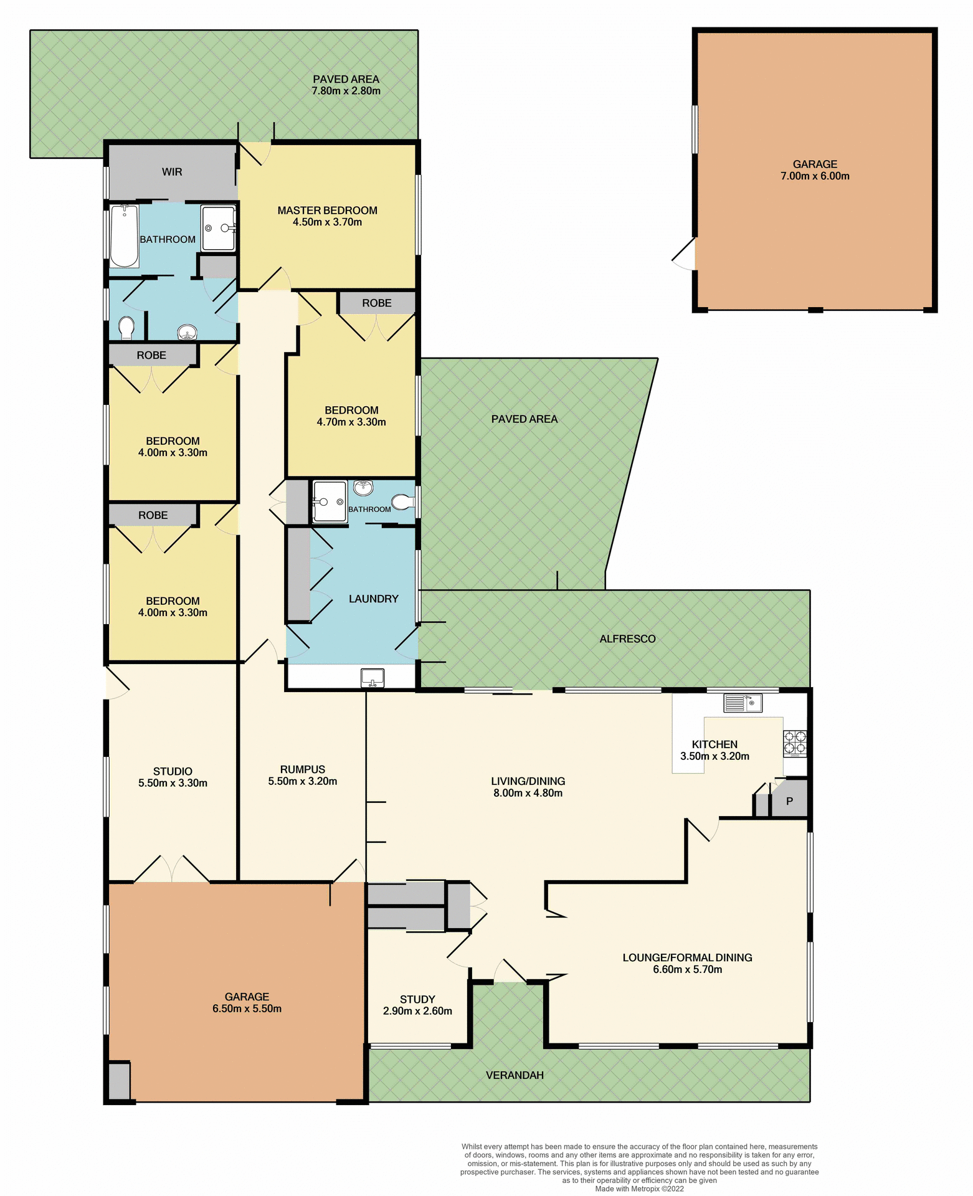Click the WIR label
pos(172,172)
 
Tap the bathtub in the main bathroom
pos(125,237)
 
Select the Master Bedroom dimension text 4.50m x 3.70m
pos(327,222)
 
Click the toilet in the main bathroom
pos(126,328)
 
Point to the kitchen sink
pos(743,703)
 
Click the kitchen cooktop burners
pos(795,743)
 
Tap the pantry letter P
pos(789,801)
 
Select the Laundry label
pos(373,599)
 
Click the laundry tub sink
pos(373,677)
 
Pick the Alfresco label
pos(627,638)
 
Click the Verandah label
pos(515,1075)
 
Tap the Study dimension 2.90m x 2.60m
pos(417,1011)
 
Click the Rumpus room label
pos(302,769)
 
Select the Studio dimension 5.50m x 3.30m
pos(173,783)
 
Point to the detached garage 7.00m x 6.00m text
pos(815,176)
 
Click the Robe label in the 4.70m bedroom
pos(377,303)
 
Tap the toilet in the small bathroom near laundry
pos(403,501)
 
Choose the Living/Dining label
pos(528,781)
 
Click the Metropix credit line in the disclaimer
pos(639,1189)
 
